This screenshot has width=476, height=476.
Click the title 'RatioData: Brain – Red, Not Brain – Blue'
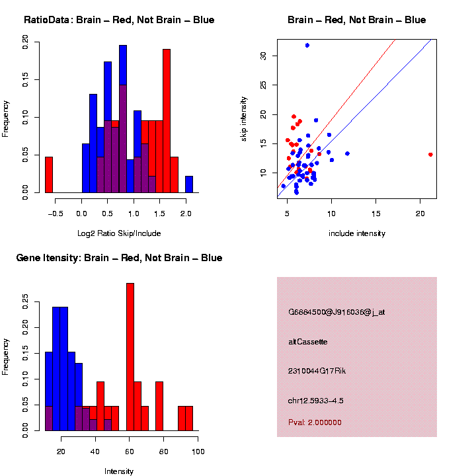[x=119, y=20]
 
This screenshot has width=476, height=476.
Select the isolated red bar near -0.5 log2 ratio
[x=48, y=175]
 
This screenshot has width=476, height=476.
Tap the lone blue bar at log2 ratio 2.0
[x=189, y=184]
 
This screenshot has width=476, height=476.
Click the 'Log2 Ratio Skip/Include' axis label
[x=119, y=233]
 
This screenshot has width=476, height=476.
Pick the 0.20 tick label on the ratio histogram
[x=25, y=43]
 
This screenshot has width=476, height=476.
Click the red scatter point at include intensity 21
[x=430, y=155]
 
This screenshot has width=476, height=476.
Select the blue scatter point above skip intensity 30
[x=307, y=45]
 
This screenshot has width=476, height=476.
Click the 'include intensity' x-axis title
[x=357, y=233]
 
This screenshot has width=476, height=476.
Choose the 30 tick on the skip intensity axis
[x=263, y=56]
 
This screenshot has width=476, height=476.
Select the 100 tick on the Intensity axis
[x=198, y=452]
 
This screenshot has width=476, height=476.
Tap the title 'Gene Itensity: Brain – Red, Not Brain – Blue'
[x=119, y=258]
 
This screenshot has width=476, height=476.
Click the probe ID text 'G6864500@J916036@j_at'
[x=337, y=312]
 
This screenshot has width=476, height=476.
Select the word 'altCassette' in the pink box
[x=308, y=342]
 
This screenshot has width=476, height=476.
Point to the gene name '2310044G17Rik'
[x=317, y=371]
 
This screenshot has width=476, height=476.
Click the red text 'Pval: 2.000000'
[x=315, y=422]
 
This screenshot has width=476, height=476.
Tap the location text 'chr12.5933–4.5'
[x=316, y=401]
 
